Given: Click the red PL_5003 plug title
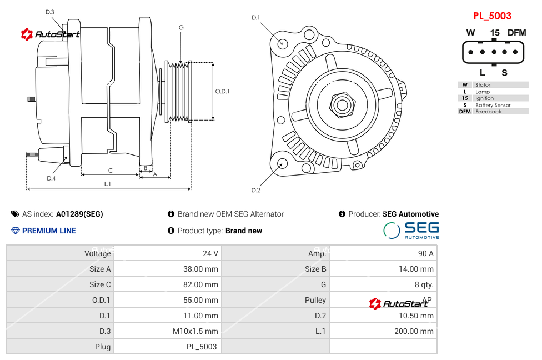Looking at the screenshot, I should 492,16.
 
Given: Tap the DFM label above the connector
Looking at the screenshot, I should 516,33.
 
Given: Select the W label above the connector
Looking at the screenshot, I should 470,33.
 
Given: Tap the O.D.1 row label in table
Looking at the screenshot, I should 101,300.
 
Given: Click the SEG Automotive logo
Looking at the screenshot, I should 411,230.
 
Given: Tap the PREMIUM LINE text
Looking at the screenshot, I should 49,231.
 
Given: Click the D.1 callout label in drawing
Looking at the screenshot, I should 255,18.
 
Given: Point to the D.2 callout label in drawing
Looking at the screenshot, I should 255,191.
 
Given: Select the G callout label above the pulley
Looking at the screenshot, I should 181,27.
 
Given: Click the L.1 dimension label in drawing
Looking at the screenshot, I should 108,184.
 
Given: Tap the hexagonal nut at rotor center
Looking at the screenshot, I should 342,104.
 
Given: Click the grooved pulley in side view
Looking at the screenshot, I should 179,91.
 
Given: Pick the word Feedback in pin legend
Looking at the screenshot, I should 488,112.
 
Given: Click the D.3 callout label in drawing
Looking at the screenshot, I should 50,12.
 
